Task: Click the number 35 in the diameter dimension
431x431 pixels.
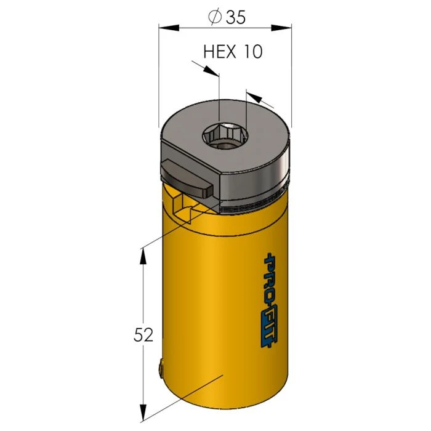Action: (235, 17)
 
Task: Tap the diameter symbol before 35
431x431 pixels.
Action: (215, 18)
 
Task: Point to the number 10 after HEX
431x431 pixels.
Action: (252, 51)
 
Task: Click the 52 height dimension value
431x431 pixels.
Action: (143, 335)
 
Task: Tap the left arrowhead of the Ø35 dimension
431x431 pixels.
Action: (166, 27)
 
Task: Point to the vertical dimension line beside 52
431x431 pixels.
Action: (143, 296)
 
